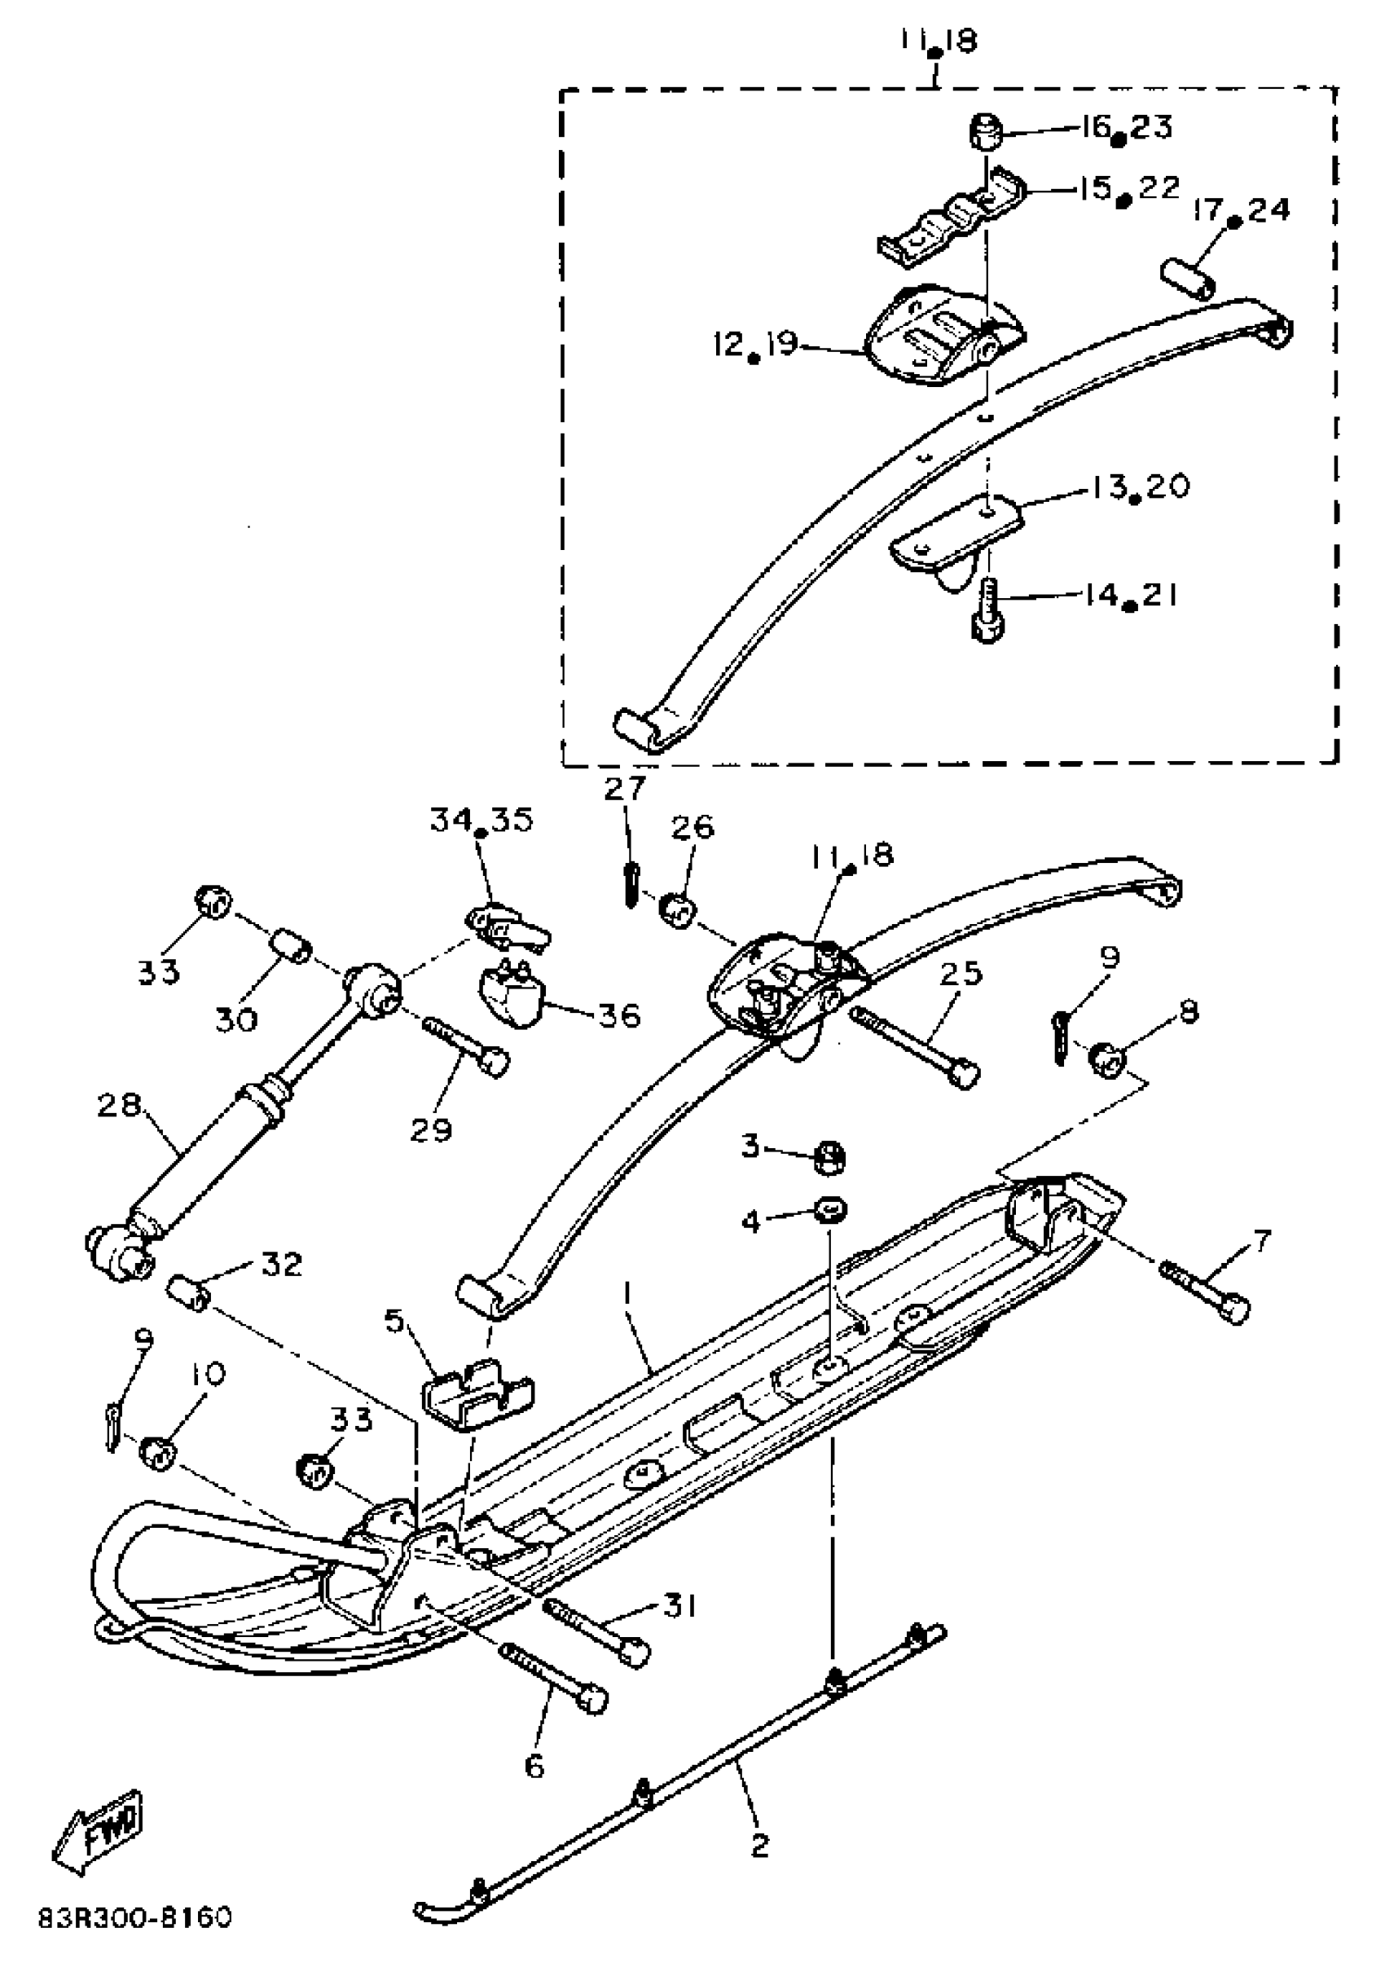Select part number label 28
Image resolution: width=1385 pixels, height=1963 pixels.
(x=119, y=1106)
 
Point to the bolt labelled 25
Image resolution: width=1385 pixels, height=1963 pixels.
(x=915, y=1045)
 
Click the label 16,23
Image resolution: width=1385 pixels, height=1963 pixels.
(x=1125, y=127)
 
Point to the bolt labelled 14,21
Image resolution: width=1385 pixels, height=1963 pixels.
(x=988, y=610)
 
